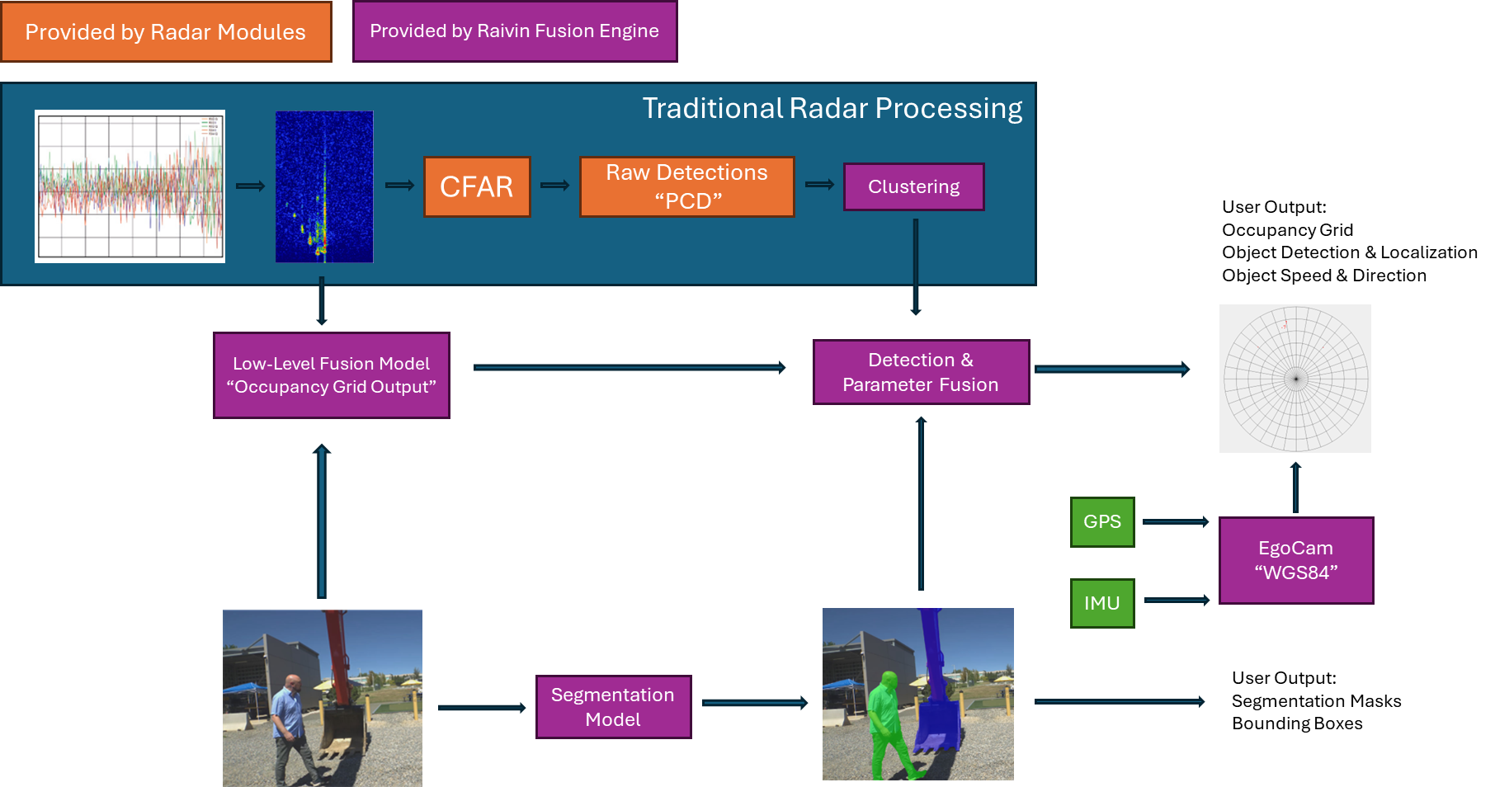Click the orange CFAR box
[477, 187]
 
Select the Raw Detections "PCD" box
[686, 187]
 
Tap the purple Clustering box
[913, 187]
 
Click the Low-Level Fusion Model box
[332, 375]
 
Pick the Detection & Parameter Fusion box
[921, 372]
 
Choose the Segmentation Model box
[613, 707]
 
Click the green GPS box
[1102, 522]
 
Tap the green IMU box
[1102, 603]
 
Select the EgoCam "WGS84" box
[1295, 561]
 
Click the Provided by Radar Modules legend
[166, 32]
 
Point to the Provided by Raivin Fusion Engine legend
[515, 31]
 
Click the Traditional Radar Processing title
[832, 108]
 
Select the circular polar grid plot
[1295, 379]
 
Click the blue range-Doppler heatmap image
[324, 187]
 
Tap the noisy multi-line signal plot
[130, 186]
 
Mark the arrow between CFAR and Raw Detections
[554, 186]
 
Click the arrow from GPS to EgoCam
[1176, 522]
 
